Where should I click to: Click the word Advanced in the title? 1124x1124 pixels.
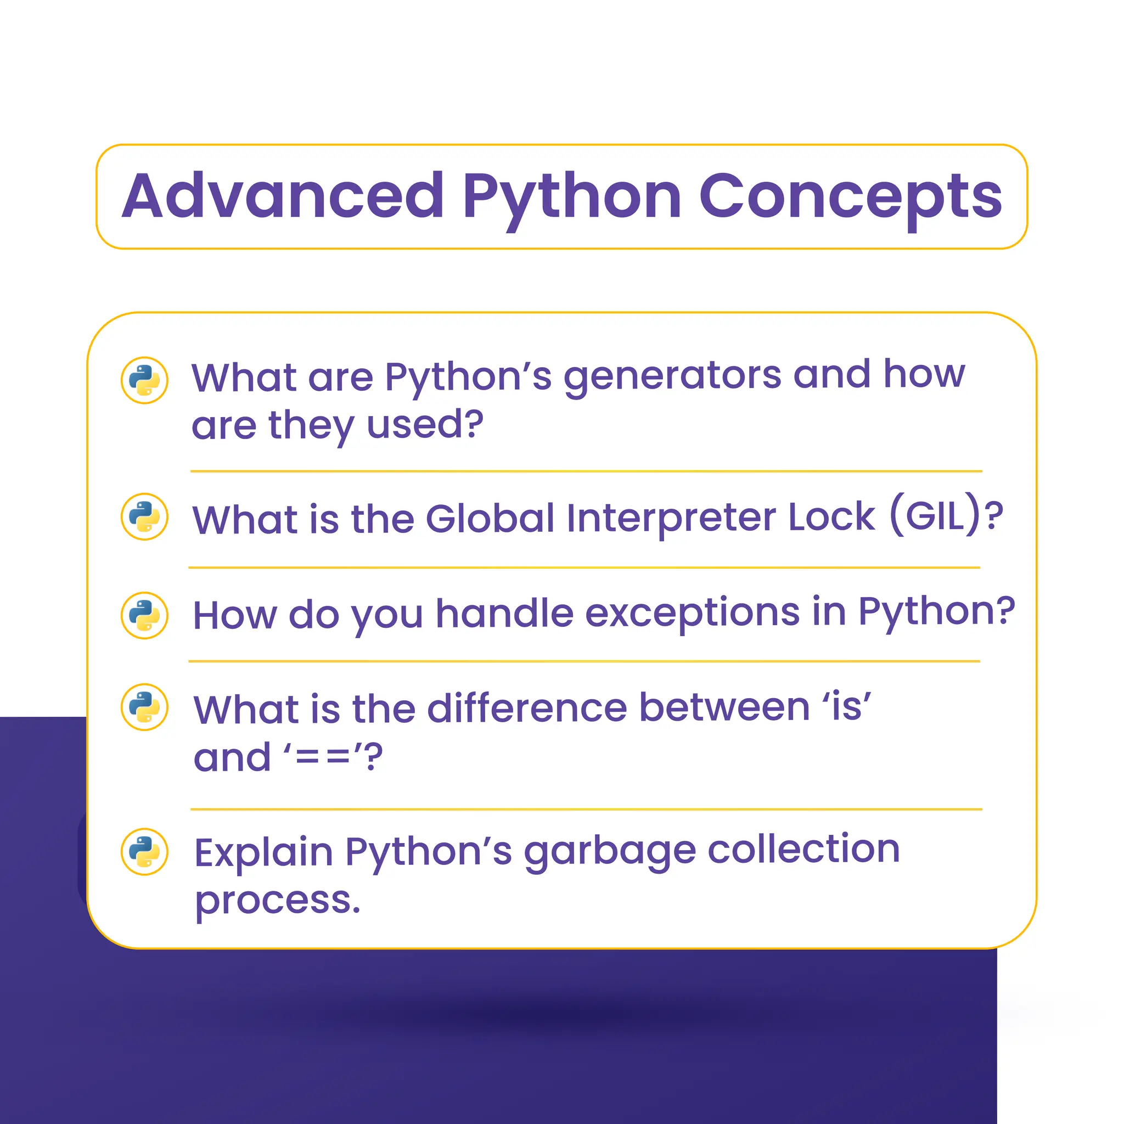click(283, 196)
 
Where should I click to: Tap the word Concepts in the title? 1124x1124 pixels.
click(850, 196)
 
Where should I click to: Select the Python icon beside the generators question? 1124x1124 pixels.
click(144, 380)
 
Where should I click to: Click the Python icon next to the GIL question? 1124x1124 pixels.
click(144, 516)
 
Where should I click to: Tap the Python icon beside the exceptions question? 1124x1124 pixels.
click(144, 616)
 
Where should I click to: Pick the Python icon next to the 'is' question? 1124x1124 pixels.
click(144, 707)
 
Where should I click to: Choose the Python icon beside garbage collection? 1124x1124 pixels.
click(144, 852)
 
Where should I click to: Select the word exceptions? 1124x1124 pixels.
click(692, 614)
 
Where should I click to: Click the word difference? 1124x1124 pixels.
click(527, 708)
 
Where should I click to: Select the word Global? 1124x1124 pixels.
click(490, 518)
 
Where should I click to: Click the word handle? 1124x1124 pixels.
click(504, 614)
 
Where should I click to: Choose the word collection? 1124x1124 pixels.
click(803, 850)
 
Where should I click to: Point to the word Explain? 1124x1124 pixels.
click(263, 853)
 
